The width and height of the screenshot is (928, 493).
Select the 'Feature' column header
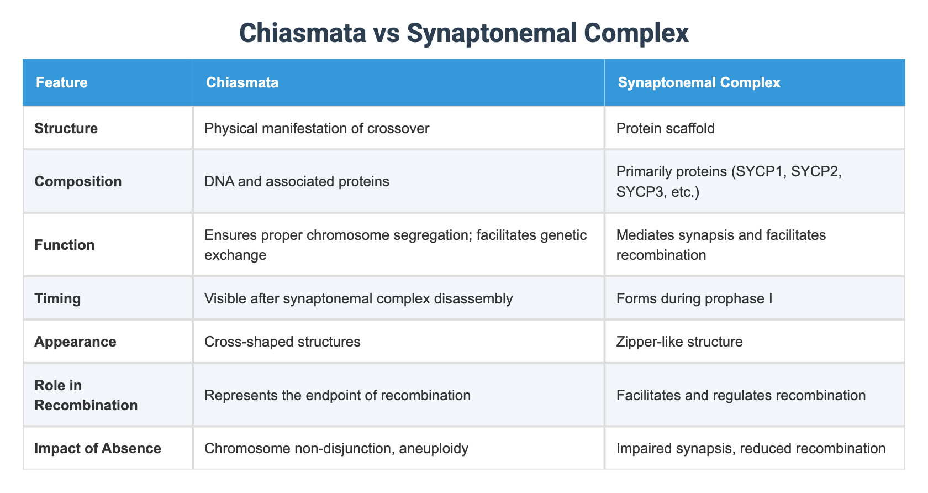point(61,83)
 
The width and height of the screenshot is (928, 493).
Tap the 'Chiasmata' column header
point(242,83)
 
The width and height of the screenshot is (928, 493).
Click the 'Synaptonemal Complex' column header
point(699,83)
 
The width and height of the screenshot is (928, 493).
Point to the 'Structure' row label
point(66,128)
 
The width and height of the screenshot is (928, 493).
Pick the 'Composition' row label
point(78,181)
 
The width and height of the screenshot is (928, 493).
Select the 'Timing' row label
point(57,298)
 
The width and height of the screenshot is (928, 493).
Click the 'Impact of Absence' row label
point(97,448)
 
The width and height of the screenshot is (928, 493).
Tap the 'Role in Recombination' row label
point(86,395)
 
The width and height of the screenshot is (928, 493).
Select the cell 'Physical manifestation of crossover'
point(317,128)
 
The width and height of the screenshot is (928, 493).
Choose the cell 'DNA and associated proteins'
point(297,181)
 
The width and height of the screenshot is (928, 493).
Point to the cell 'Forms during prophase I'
point(694,298)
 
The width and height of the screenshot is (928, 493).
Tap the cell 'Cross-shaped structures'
point(282,342)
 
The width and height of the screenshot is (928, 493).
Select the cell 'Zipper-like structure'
point(679,342)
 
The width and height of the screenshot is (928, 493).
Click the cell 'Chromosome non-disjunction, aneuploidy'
point(336,448)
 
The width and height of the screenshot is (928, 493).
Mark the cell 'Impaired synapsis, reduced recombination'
point(751,448)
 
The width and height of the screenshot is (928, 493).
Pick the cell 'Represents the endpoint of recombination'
point(337,395)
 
